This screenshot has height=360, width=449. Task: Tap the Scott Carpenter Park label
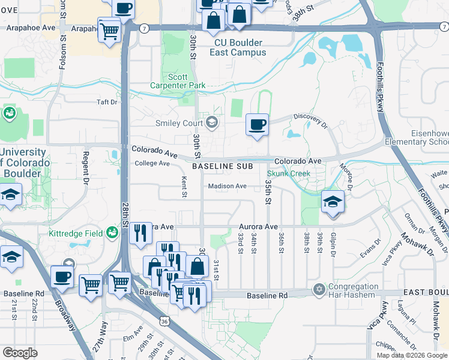point(186,82)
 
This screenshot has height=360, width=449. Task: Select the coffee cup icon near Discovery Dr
point(257,125)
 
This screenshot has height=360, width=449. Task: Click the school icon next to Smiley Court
point(211,123)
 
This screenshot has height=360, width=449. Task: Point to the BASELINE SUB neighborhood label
point(221,166)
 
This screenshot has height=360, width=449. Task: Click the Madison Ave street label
point(228,186)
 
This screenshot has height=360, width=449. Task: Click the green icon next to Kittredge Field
point(112,232)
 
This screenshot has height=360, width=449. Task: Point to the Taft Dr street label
point(107,102)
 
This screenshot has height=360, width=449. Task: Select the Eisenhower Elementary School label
point(423,137)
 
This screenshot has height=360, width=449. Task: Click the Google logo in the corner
point(19,352)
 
